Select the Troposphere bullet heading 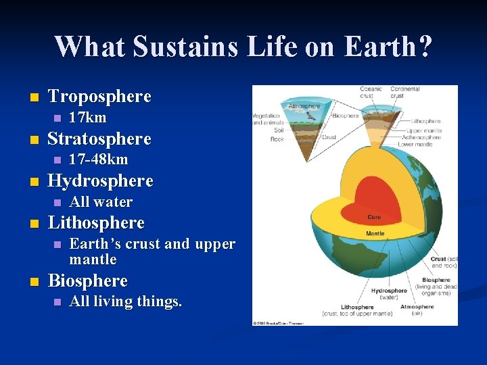click(99, 96)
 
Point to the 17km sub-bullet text click(88, 118)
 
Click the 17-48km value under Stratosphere click(99, 160)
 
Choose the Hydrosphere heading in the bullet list click(101, 181)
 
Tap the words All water click(101, 201)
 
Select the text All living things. click(126, 301)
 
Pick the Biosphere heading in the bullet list click(88, 281)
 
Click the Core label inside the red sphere click(374, 217)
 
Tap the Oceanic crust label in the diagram click(371, 92)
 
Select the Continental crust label click(405, 92)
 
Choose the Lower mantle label click(416, 145)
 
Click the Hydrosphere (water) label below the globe click(389, 294)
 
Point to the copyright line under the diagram click(279, 323)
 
